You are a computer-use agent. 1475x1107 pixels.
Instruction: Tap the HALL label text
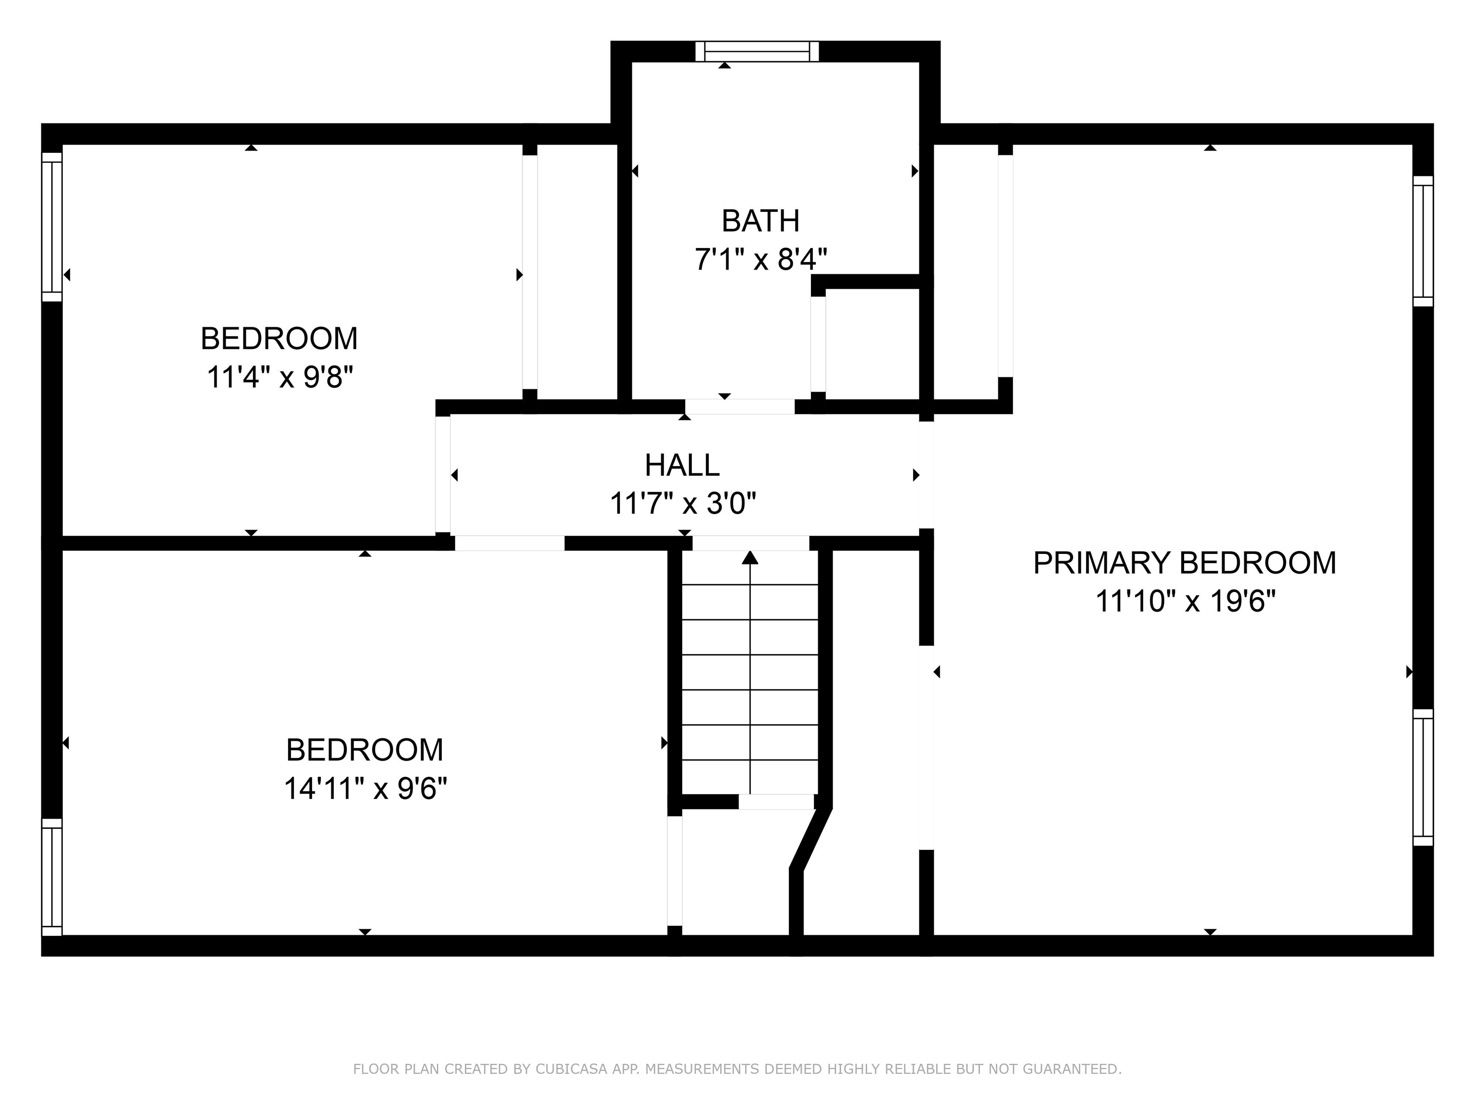(x=682, y=466)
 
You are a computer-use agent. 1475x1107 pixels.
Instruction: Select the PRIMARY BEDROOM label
(x=1184, y=563)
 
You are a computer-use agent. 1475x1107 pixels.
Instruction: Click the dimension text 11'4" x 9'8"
(x=279, y=378)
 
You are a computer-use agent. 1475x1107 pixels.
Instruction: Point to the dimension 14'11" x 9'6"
(x=365, y=789)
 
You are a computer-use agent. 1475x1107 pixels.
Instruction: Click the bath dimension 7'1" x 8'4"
(x=761, y=259)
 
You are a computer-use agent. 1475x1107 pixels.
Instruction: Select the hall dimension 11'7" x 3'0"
(x=683, y=504)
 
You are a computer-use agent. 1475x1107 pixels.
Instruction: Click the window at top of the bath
(x=757, y=51)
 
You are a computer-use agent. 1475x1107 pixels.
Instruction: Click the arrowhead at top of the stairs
(x=750, y=558)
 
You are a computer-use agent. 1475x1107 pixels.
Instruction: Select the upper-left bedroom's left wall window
(x=52, y=227)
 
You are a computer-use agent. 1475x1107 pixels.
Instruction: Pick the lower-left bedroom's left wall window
(x=52, y=877)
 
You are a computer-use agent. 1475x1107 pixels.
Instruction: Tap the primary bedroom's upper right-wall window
(x=1423, y=242)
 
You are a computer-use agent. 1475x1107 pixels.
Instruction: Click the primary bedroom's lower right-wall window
(x=1423, y=777)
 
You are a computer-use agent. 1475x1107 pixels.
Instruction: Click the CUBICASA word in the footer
(x=571, y=1069)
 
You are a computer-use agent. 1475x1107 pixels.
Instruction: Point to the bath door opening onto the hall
(x=739, y=406)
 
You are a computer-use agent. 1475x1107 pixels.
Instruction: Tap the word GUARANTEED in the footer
(x=1071, y=1069)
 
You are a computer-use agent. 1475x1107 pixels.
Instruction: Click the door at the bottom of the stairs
(x=776, y=801)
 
